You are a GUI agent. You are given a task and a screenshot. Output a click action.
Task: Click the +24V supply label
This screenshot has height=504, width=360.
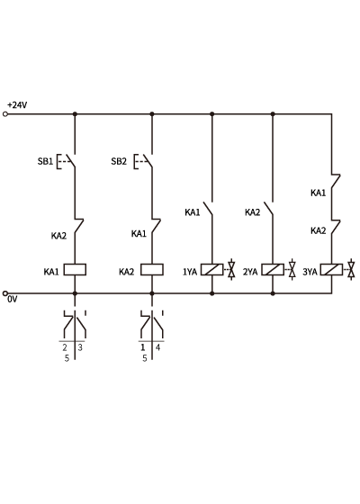tap(17, 105)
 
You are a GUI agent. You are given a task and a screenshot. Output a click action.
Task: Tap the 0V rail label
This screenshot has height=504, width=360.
tap(13, 299)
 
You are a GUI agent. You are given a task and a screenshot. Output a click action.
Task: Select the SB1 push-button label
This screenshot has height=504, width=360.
tap(45, 161)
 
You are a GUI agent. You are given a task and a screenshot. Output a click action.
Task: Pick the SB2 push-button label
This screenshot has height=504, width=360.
tap(119, 161)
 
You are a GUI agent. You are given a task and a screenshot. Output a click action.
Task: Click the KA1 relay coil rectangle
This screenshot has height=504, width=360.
tap(75, 270)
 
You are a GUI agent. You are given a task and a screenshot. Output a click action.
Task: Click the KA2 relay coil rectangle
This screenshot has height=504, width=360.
tap(152, 270)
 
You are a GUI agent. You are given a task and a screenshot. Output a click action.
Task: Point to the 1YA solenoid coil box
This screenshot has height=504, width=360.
tap(212, 270)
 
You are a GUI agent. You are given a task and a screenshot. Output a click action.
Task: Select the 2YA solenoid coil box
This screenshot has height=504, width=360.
tap(273, 270)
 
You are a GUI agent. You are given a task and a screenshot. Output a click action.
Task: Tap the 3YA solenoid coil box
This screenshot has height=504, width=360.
tap(332, 270)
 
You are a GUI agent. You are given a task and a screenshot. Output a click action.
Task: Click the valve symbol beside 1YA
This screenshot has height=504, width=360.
tap(231, 270)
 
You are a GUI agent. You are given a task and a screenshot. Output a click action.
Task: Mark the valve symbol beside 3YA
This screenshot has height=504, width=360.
tap(352, 270)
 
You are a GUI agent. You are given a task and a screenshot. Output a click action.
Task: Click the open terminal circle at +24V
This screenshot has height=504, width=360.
tap(4, 114)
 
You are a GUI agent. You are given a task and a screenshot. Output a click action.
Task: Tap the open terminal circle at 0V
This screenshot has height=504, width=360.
tap(4, 293)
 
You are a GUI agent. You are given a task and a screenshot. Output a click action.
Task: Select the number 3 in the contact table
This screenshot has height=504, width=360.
tap(80, 347)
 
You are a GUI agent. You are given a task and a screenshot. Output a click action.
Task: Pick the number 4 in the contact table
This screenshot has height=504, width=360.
tap(157, 347)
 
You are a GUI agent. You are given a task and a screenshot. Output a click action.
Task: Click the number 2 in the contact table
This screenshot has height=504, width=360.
tap(65, 347)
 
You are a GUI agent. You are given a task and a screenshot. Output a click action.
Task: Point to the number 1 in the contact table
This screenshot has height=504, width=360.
tap(143, 347)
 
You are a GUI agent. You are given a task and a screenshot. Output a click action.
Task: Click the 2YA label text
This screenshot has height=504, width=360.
tap(250, 272)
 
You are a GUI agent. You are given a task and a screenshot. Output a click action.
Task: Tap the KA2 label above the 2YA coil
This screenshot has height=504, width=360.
tap(252, 212)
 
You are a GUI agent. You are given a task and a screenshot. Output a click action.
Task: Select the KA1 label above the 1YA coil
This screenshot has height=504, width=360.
tap(193, 212)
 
